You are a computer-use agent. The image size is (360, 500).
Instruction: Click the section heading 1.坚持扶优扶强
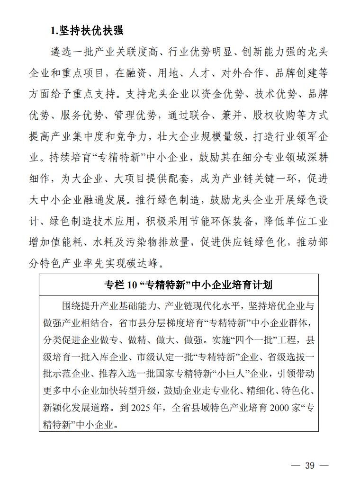pyautogui.click(x=87, y=31)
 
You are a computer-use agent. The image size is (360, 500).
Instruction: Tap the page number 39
pyautogui.click(x=309, y=465)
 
